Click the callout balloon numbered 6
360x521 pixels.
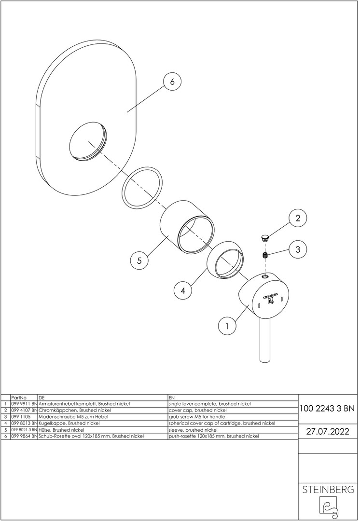tap(172, 81)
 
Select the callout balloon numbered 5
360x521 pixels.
tap(139, 260)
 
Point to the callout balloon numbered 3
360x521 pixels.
tap(298, 249)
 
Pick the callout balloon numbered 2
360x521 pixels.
tap(298, 218)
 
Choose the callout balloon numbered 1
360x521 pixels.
tap(227, 326)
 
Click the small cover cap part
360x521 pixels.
tap(264, 237)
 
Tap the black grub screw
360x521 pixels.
tap(265, 255)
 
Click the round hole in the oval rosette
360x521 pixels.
tap(88, 141)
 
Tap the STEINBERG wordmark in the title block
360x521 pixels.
tap(328, 490)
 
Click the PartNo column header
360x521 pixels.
tap(19, 398)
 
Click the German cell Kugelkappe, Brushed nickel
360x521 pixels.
tap(69, 424)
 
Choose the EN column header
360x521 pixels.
tap(171, 398)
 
